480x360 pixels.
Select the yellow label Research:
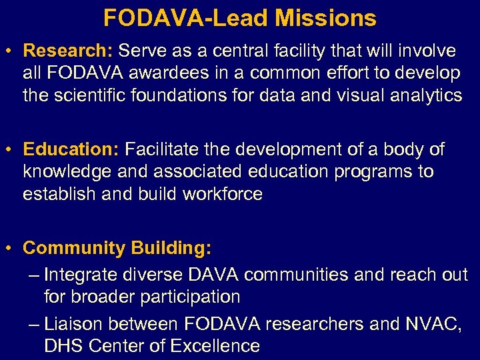pyautogui.click(x=67, y=51)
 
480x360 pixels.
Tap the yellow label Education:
pyautogui.click(x=70, y=149)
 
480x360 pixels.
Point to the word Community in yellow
pyautogui.click(x=74, y=249)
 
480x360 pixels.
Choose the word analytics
pyautogui.click(x=420, y=96)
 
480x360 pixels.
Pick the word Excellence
pyautogui.click(x=215, y=346)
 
